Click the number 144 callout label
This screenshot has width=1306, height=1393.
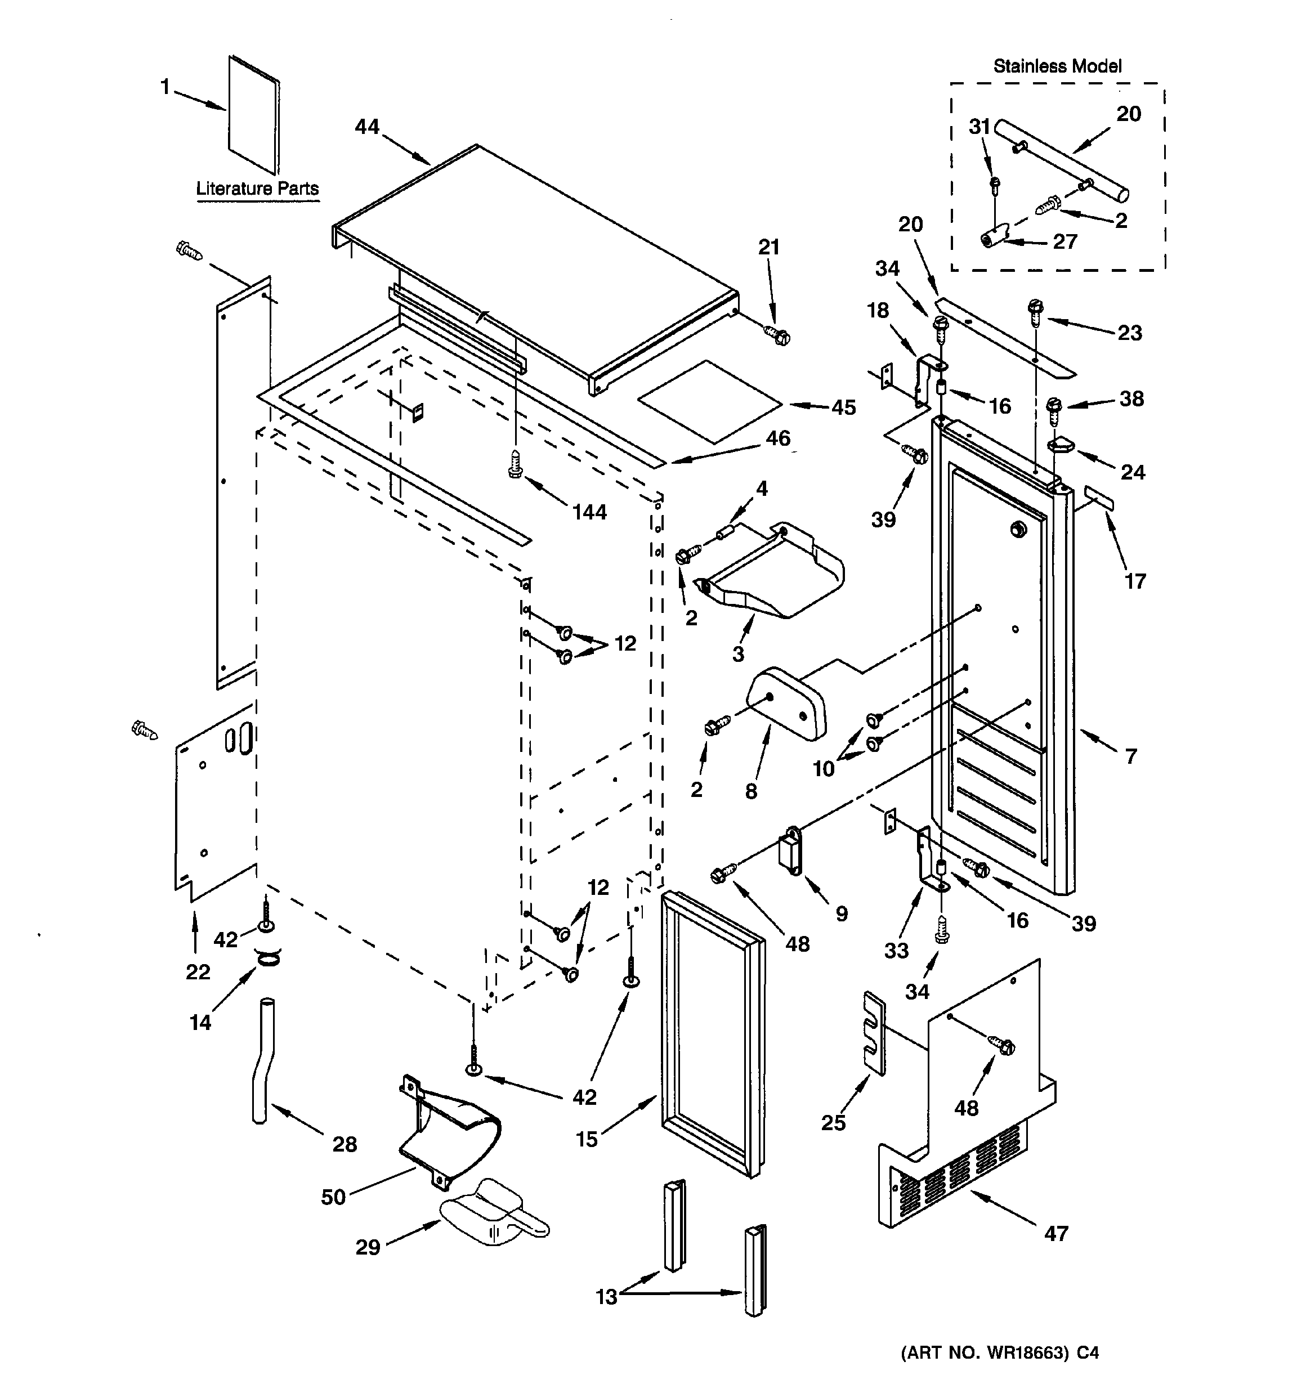(589, 512)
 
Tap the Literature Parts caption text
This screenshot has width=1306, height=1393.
(257, 189)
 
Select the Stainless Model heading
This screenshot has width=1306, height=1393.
(1057, 66)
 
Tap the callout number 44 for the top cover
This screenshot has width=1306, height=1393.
(366, 127)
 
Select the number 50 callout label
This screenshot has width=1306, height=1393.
(334, 1197)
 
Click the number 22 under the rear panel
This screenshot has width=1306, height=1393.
(198, 972)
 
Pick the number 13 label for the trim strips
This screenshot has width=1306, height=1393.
(606, 1296)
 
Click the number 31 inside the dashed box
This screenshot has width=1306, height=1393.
(979, 127)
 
